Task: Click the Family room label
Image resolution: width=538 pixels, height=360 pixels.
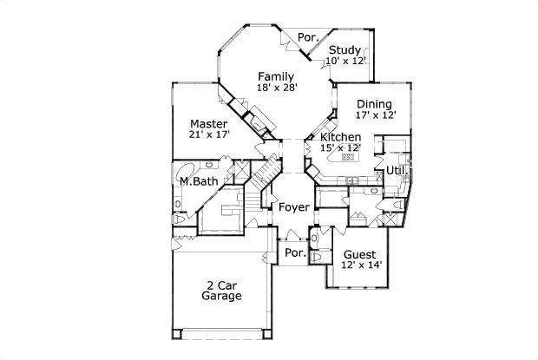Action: pyautogui.click(x=274, y=75)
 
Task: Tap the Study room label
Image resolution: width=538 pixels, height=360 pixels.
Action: pyautogui.click(x=344, y=49)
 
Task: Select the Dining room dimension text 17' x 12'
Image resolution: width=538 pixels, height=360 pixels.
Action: pyautogui.click(x=375, y=115)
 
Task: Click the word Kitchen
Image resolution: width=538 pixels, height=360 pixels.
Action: pyautogui.click(x=340, y=137)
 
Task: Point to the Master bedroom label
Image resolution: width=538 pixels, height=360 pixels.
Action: pyautogui.click(x=208, y=124)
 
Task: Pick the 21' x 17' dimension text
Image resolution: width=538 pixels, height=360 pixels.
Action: pyautogui.click(x=208, y=135)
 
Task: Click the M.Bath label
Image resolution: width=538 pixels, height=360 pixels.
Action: pyautogui.click(x=199, y=181)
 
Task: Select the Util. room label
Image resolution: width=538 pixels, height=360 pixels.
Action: pyautogui.click(x=397, y=170)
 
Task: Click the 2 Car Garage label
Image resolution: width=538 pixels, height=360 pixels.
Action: pyautogui.click(x=221, y=290)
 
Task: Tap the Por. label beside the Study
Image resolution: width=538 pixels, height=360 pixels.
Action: pyautogui.click(x=306, y=37)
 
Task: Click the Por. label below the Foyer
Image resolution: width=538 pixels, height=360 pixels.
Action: pyautogui.click(x=293, y=252)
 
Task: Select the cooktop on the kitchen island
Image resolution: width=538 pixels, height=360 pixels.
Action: pyautogui.click(x=349, y=158)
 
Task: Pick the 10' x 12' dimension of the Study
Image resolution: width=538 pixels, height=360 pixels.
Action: pyautogui.click(x=345, y=61)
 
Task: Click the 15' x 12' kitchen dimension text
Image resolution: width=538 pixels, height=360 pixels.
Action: pyautogui.click(x=339, y=148)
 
